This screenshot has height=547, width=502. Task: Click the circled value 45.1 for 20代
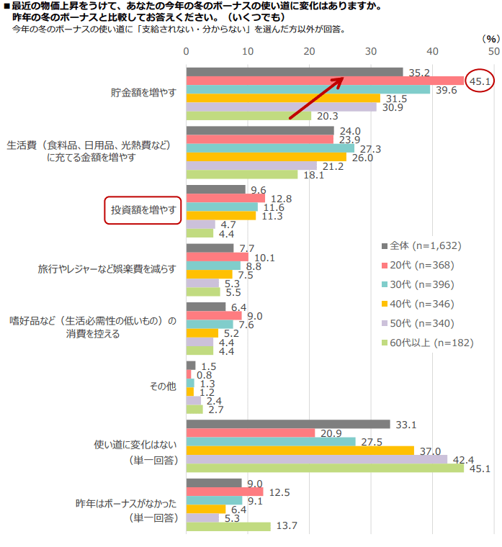pos(480,81)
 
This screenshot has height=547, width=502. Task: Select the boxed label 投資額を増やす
pos(143,210)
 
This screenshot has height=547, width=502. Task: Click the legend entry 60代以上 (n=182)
pos(432,343)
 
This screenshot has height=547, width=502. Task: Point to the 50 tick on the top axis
pos(493,52)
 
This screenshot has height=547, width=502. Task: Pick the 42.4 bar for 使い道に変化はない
pos(317,459)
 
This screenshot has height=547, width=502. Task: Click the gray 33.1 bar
pos(288,425)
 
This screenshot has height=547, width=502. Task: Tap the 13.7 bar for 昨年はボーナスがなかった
pos(228,526)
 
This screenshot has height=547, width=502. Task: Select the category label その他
pos(162,386)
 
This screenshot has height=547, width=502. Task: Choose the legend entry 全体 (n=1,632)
pos(425,245)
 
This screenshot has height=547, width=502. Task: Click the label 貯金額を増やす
pos(143,93)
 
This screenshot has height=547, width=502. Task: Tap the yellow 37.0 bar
pos(300,451)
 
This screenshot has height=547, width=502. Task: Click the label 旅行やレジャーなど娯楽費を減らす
pos(107,268)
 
